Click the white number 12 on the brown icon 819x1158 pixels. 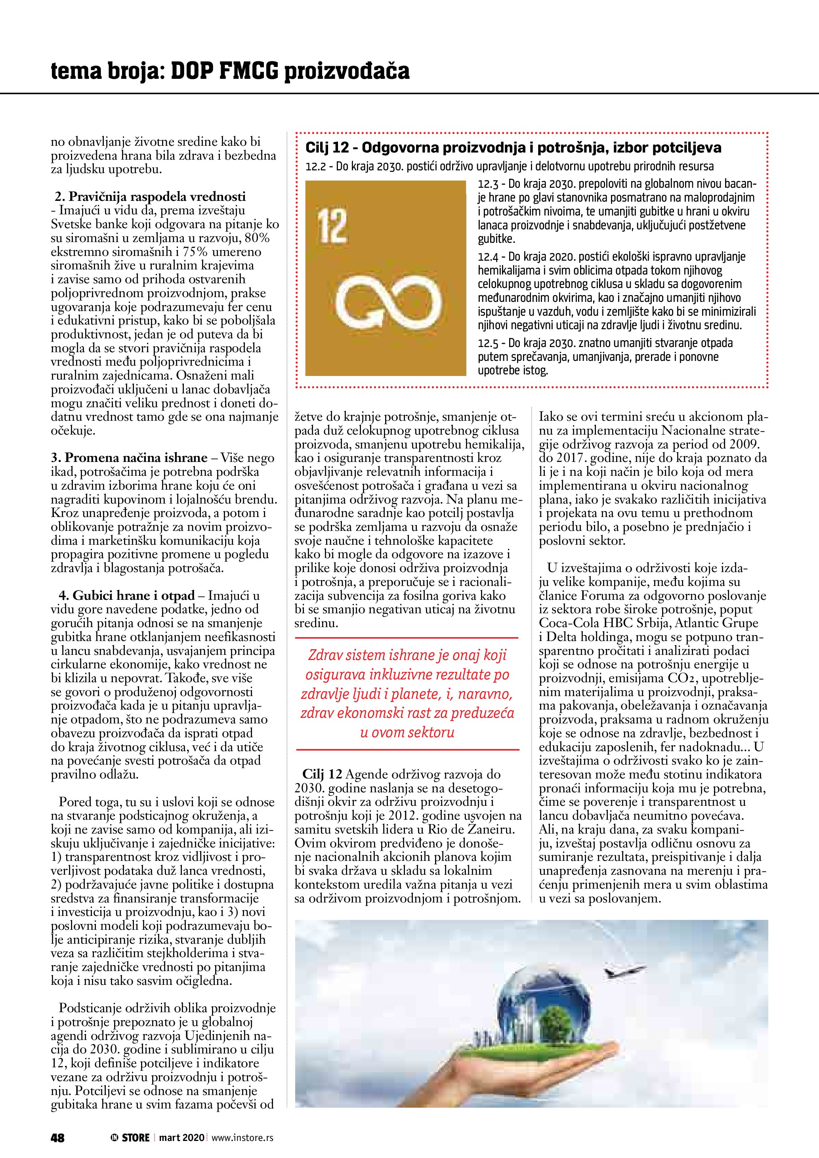(333, 227)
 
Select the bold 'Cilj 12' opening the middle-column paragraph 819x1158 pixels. (322, 774)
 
